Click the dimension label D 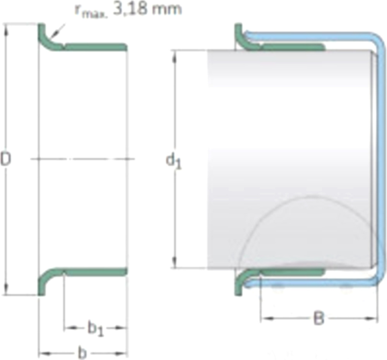5,159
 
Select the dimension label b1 95,328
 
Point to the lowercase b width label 82,353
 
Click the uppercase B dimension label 319,318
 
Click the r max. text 92,11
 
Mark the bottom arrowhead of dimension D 6,288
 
